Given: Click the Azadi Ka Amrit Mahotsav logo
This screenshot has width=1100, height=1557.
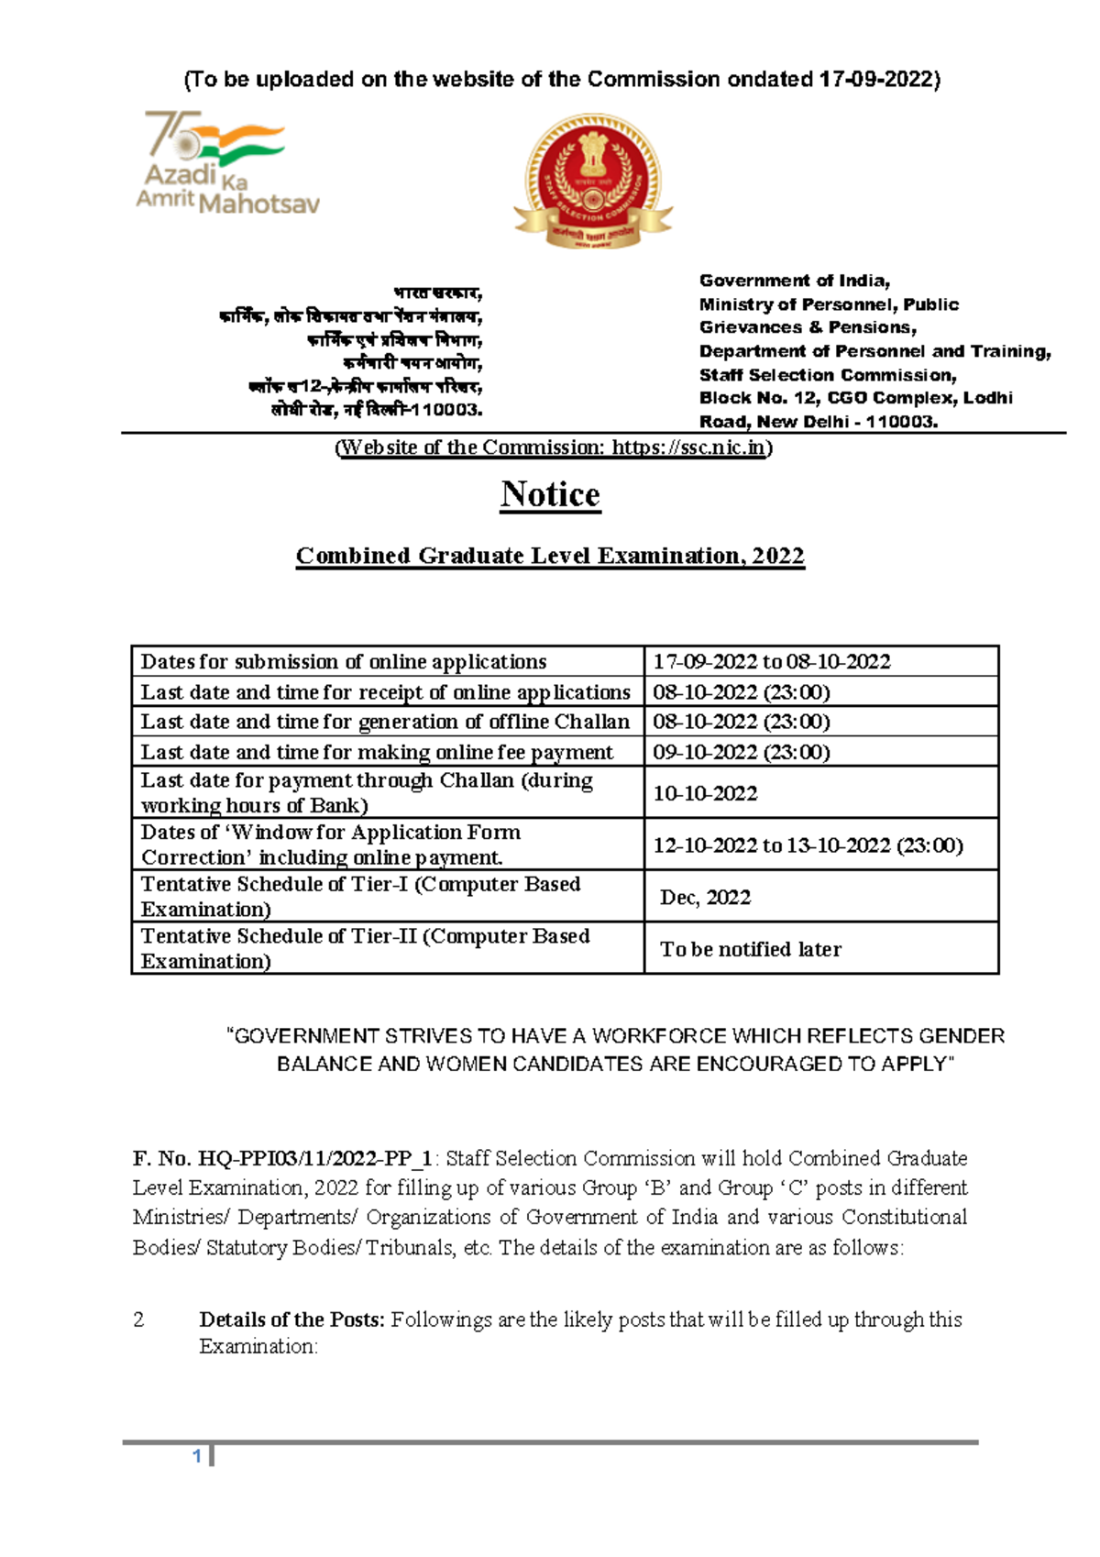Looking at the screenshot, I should (226, 163).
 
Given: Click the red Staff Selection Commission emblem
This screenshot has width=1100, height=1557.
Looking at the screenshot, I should (593, 181).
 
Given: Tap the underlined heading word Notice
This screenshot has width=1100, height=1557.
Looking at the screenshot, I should (550, 494).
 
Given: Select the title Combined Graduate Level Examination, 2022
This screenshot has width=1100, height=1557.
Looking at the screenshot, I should (550, 556).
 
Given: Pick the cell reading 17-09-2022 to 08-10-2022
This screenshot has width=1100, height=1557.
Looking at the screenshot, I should (771, 662).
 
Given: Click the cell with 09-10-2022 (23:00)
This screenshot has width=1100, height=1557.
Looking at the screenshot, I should (741, 752).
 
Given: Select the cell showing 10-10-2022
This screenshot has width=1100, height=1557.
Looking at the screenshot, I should (705, 793).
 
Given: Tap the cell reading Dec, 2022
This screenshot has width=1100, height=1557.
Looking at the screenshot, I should (705, 898).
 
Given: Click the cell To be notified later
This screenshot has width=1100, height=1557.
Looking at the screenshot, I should (750, 950).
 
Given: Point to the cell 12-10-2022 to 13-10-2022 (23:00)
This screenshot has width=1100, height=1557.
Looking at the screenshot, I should (808, 845).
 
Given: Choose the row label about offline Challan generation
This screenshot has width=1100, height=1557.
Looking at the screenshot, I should (385, 722).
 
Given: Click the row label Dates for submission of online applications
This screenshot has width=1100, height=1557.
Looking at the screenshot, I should (344, 662).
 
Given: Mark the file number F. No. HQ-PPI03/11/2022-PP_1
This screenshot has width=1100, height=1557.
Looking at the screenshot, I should (282, 1159).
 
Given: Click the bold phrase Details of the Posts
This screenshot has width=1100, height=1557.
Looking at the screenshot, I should (291, 1320).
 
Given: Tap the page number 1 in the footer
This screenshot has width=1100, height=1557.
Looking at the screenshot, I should (197, 1457).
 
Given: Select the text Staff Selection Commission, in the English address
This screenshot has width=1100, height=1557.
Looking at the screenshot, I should (827, 375).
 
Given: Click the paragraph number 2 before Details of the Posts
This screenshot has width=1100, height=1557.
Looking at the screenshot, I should (138, 1320).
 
